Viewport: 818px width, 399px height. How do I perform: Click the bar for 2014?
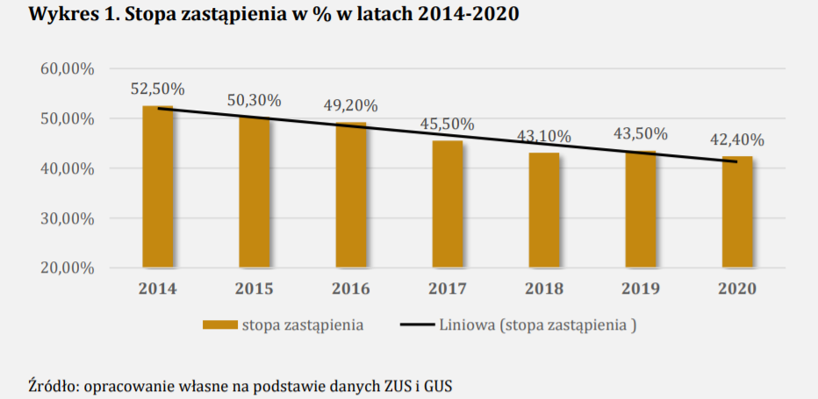coord(158,186)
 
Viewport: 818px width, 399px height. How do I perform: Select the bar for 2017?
coord(448,203)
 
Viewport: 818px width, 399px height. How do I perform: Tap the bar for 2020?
coord(737,211)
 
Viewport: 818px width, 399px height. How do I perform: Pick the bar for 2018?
coord(544,210)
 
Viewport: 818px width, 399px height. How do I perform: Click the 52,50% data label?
coord(158,89)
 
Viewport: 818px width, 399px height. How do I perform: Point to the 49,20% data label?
coord(351,105)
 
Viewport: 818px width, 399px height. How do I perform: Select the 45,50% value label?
coord(448,124)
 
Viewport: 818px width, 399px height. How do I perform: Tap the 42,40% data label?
coord(737,139)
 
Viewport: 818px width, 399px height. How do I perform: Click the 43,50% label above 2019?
coord(641,134)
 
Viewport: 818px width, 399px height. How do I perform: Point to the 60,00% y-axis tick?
coord(68,69)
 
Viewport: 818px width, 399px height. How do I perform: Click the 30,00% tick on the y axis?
coord(68,218)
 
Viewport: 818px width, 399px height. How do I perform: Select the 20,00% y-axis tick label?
coord(68,268)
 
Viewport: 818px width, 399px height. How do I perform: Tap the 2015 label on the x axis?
coord(255,289)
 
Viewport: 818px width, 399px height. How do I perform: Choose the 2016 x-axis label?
coord(351,289)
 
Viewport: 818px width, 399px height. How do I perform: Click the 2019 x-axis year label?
coord(641,289)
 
